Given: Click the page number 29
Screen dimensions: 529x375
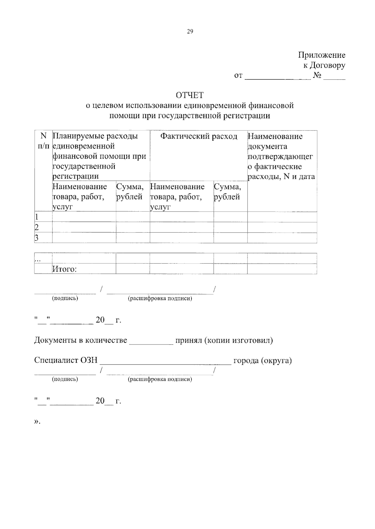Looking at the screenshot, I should [190, 31].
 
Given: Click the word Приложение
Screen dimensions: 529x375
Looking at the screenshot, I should [322, 55].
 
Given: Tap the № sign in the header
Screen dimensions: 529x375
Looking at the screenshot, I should [317, 75].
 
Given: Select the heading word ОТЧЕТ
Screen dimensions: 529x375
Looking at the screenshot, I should [189, 95].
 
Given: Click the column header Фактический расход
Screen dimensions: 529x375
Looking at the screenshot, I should [199, 136].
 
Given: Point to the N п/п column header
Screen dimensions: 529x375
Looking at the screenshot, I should [43, 141].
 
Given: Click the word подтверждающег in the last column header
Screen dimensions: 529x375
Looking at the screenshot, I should [280, 156].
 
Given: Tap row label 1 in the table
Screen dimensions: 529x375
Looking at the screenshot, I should [37, 217].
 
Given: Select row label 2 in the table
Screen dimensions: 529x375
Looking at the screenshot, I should [37, 227].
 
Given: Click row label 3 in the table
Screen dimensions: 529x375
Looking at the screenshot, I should [37, 238].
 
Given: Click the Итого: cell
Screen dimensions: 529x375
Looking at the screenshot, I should [64, 269].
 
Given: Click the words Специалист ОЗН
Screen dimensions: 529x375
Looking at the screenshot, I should [66, 360].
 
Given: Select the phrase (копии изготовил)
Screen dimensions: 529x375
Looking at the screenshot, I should [238, 340].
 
